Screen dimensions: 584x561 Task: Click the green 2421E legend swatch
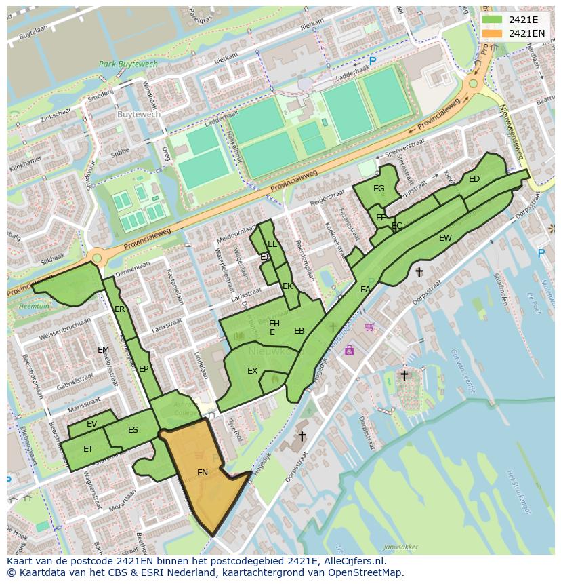493,20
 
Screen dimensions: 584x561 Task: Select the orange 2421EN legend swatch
493,33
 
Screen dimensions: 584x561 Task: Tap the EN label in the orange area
203,473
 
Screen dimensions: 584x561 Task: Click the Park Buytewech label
128,64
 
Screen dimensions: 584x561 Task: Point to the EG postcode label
379,189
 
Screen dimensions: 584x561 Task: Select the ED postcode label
474,179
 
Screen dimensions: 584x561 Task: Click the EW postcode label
445,238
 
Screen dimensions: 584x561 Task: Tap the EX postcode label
252,371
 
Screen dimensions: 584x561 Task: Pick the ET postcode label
88,449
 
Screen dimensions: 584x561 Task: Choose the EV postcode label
92,424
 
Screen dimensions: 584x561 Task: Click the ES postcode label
133,430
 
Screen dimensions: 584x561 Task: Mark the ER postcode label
120,309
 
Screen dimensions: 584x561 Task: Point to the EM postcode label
103,350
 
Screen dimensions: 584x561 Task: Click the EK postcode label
287,286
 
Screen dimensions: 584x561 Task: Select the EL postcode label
272,244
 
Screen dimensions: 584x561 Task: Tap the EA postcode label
365,290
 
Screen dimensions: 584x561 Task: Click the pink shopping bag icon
349,350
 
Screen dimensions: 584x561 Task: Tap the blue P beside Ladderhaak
373,61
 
